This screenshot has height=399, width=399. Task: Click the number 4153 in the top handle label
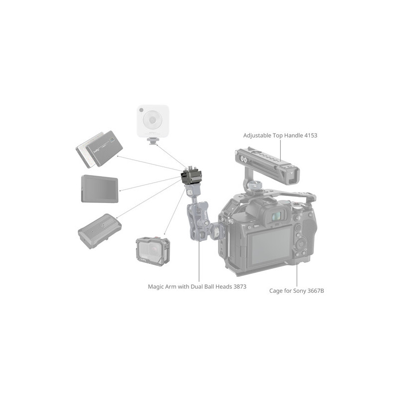311,135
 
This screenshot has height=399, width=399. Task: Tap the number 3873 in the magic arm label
240,286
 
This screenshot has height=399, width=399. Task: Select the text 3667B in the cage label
316,291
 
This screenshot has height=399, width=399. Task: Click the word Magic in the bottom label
156,287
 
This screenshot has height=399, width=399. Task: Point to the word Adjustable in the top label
257,136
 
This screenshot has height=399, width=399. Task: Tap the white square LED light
153,121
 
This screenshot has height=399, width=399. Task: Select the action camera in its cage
153,251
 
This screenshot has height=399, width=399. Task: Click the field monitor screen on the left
99,189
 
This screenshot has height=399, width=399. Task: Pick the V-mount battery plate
99,231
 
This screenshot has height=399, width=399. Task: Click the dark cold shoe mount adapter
192,176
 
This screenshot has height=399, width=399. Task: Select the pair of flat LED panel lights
99,149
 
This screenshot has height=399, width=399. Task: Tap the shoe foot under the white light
152,141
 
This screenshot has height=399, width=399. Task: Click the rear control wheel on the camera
301,244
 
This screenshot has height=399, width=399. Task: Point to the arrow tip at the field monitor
120,191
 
